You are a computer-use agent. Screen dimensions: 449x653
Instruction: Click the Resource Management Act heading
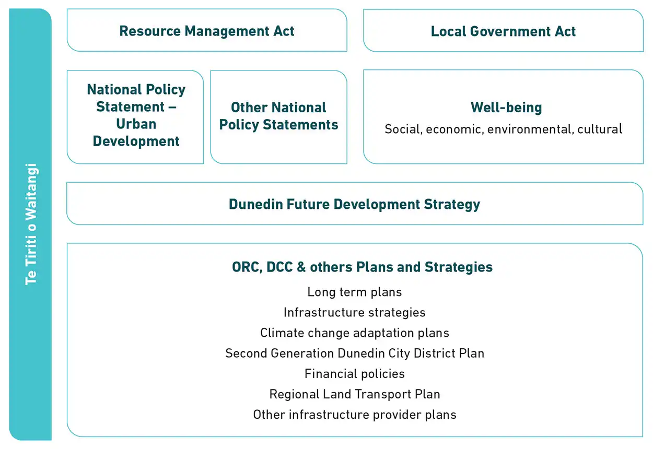coord(207,31)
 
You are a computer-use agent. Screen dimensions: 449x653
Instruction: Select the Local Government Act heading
coord(503,31)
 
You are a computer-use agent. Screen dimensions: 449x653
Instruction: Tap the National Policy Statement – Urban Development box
coord(136,115)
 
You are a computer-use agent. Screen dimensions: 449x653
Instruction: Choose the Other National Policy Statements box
coord(278,116)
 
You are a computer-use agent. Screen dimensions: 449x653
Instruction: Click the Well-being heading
coord(506,108)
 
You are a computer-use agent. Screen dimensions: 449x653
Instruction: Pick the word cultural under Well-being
coord(600,129)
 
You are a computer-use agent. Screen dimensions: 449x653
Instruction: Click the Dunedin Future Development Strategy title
coord(354,204)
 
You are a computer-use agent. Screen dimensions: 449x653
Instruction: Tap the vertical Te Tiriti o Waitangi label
coord(31,224)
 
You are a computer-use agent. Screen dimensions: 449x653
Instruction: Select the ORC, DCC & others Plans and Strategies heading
coord(362,267)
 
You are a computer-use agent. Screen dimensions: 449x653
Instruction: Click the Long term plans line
coord(354,292)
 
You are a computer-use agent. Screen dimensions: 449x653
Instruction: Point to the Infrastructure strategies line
coord(354,312)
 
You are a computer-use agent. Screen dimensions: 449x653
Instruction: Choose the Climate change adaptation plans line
coord(354,333)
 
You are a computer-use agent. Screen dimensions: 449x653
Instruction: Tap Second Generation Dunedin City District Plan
coord(354,353)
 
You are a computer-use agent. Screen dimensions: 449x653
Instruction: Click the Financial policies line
coord(354,374)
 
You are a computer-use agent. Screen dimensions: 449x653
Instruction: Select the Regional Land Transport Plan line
coord(354,394)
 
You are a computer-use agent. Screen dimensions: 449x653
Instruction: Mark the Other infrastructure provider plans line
coord(354,415)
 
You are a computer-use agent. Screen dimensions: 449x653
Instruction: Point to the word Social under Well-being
coord(403,129)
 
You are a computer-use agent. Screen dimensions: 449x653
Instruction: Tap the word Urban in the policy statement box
coord(136,124)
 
